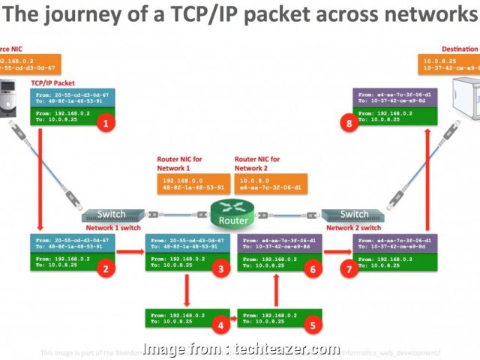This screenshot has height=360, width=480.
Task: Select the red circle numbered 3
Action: [x=220, y=268]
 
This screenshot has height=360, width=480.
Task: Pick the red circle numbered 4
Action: [x=220, y=325]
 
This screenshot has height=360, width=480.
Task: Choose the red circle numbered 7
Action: [x=348, y=268]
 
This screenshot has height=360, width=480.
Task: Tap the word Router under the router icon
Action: [x=233, y=221]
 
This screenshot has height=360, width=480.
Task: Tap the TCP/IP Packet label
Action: [x=53, y=83]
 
